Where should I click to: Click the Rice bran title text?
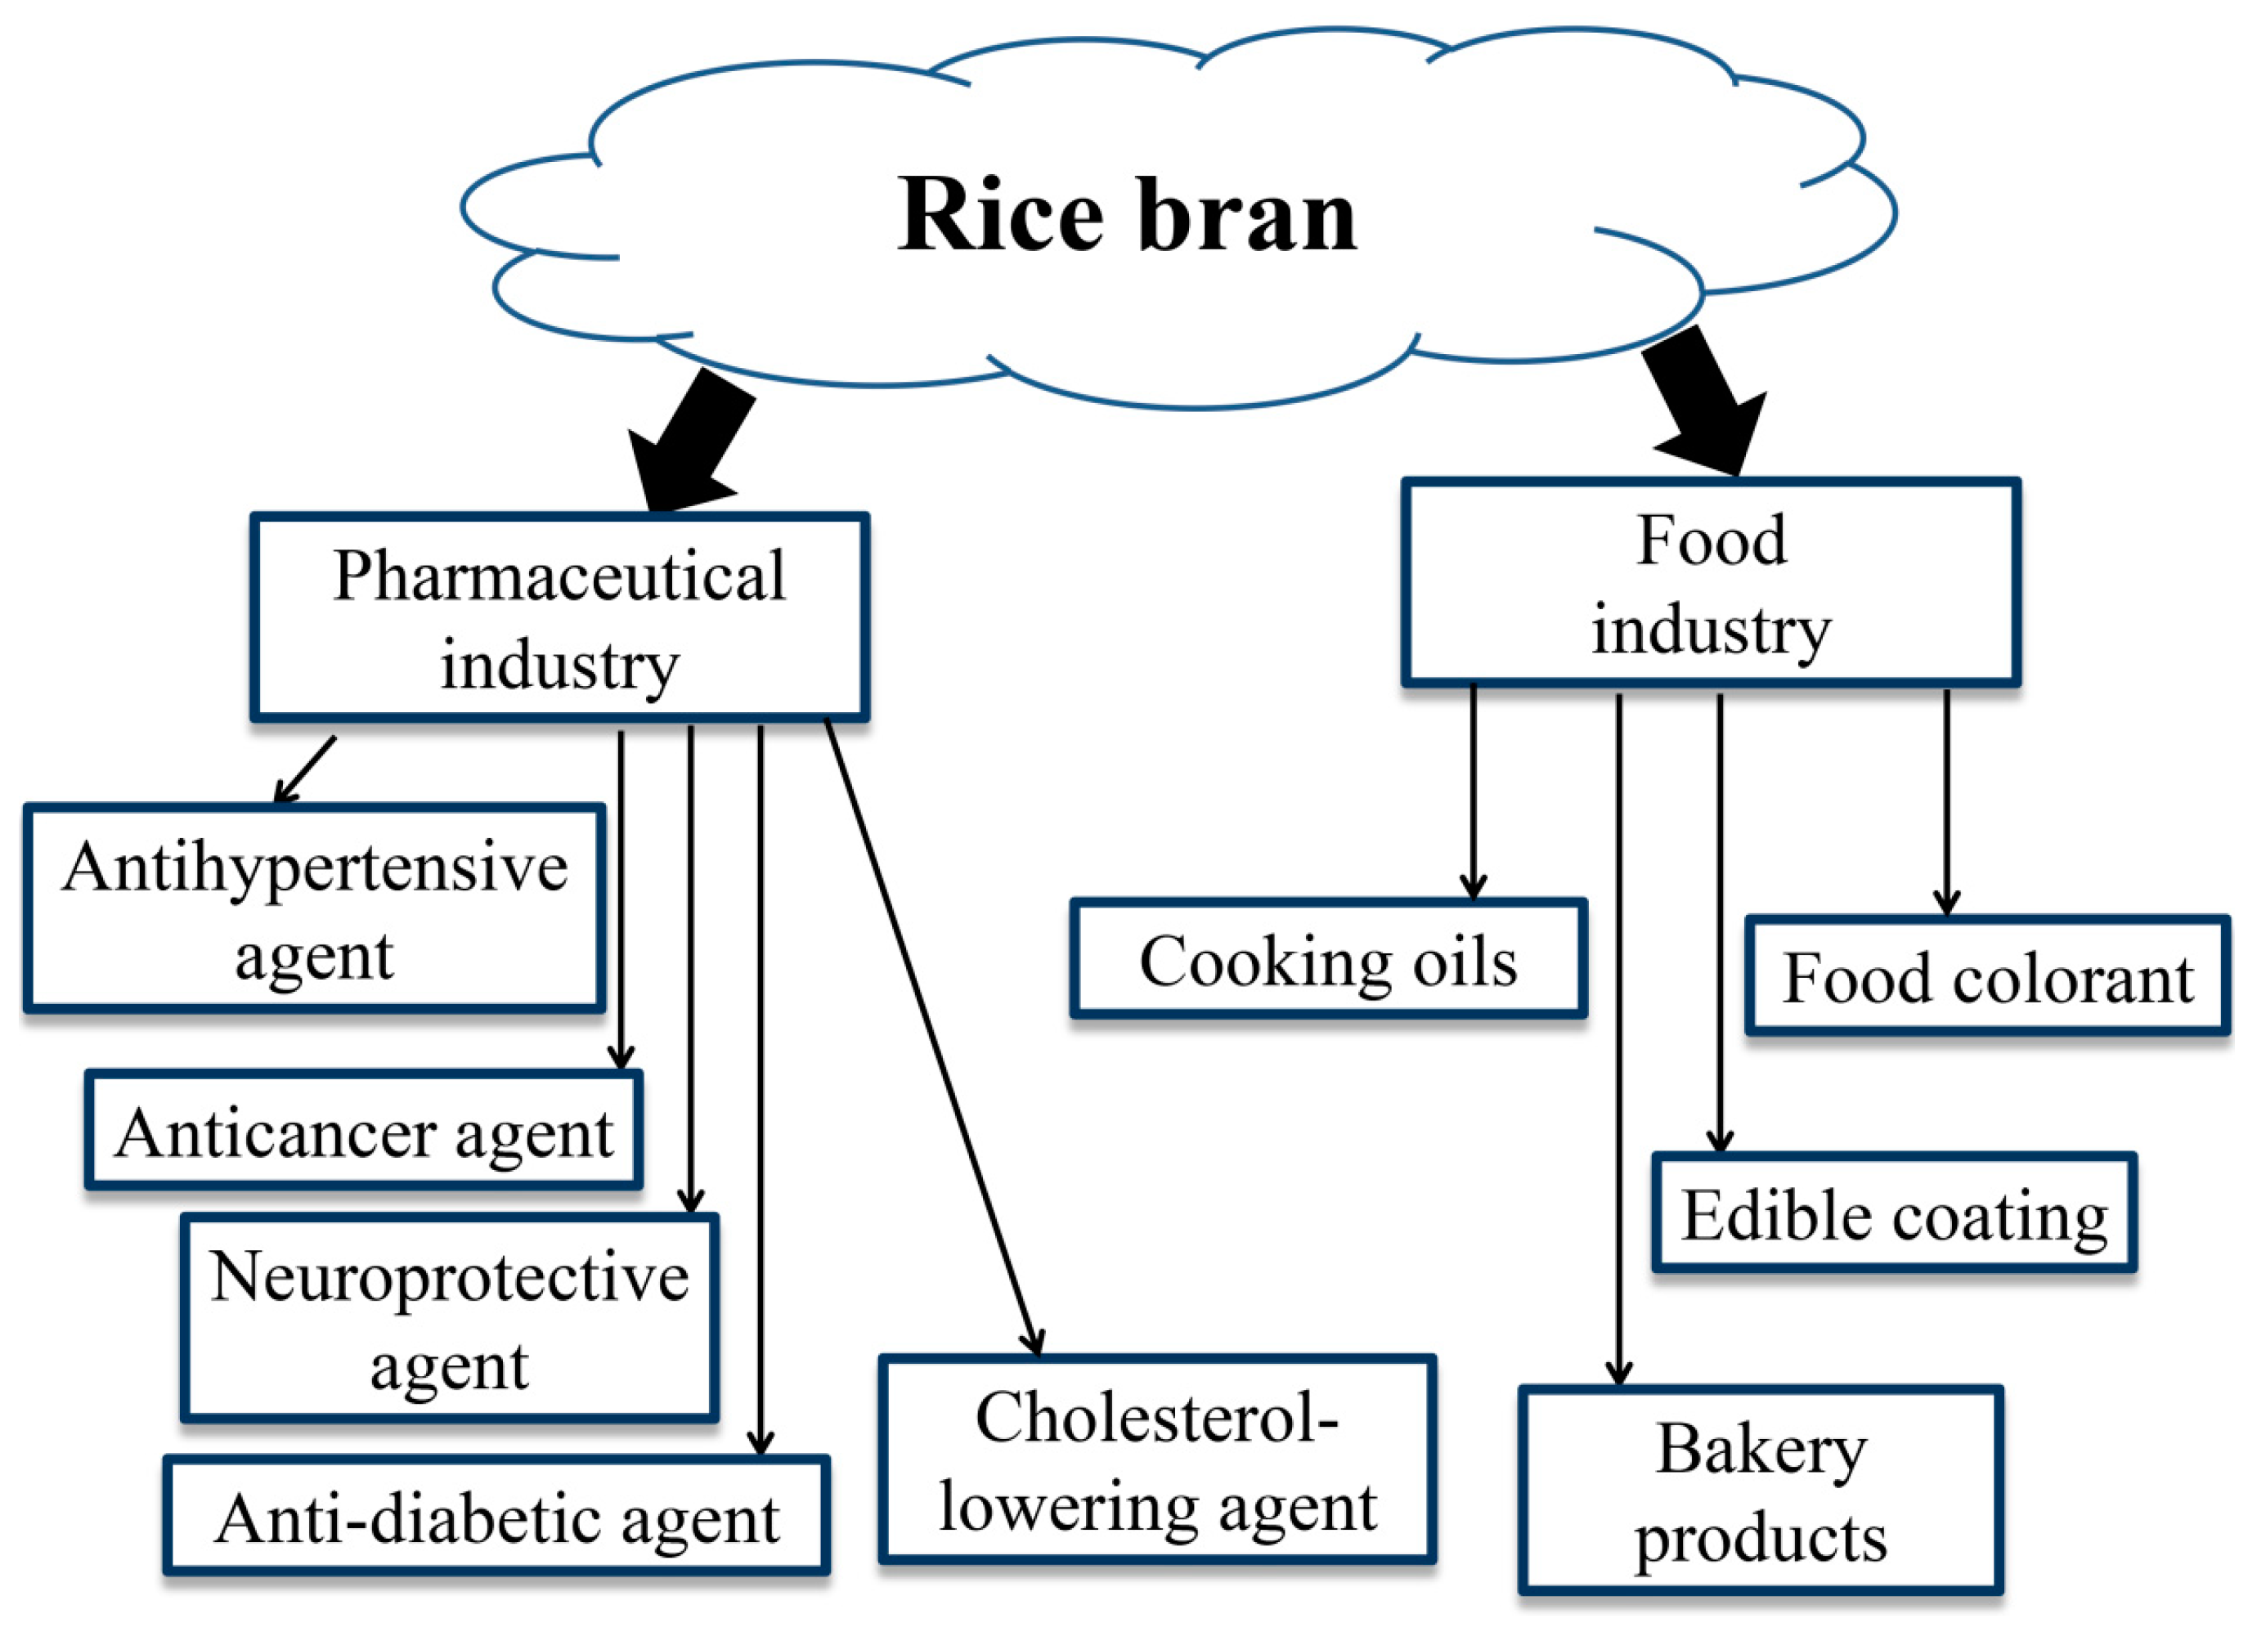click(x=1127, y=215)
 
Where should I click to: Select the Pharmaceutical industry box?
click(x=559, y=618)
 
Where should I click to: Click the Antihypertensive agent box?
click(x=315, y=909)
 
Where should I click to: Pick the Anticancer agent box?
click(x=364, y=1132)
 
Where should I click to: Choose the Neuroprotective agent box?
click(x=450, y=1320)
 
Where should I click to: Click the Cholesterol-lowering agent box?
click(x=1156, y=1459)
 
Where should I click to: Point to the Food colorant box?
click(x=1986, y=977)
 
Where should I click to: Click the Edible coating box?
click(x=1894, y=1214)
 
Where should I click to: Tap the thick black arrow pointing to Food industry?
click(x=1703, y=403)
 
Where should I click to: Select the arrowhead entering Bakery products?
click(x=1619, y=1372)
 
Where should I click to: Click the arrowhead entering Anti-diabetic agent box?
click(x=761, y=1442)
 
